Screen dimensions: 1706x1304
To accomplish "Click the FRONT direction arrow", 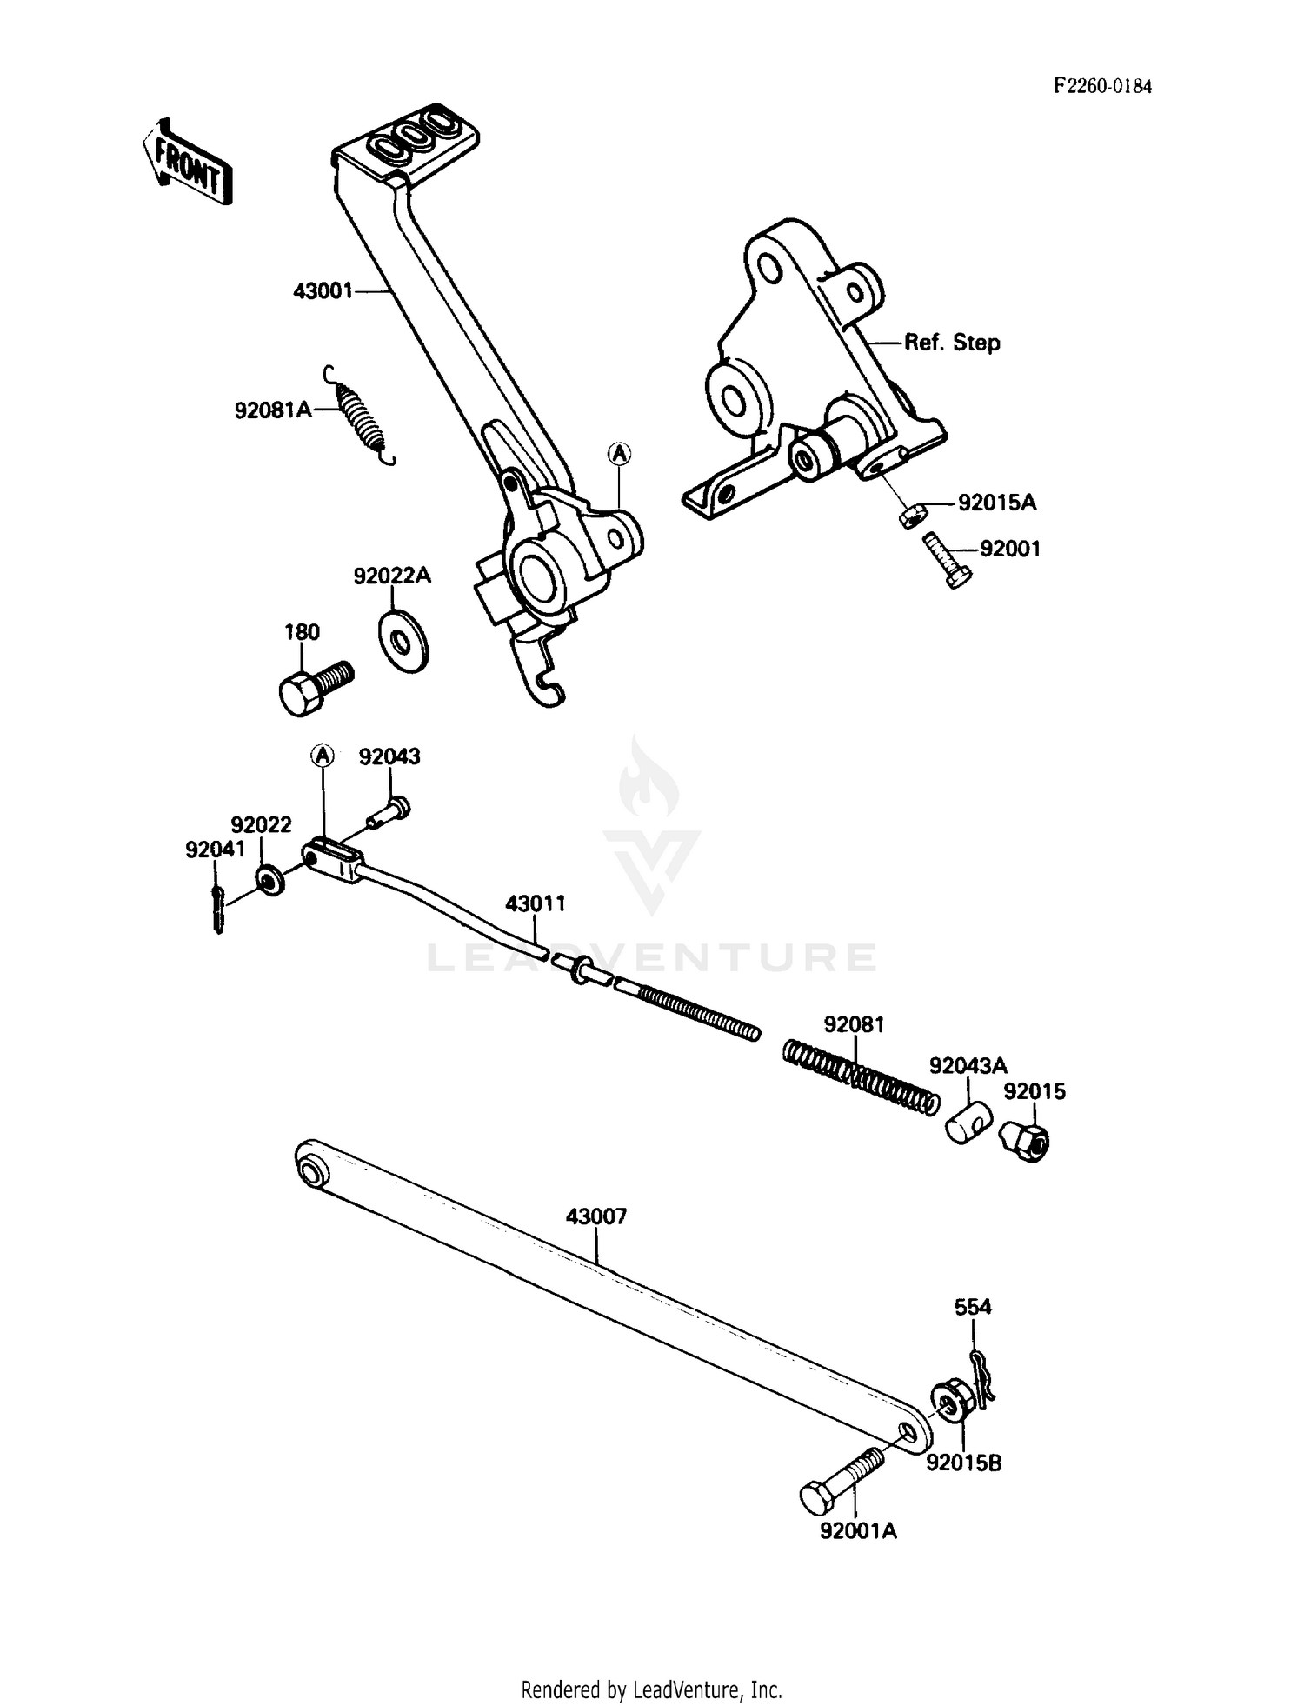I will [187, 163].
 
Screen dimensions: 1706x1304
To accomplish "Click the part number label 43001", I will [323, 291].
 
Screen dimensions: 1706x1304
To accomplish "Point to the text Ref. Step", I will [952, 343].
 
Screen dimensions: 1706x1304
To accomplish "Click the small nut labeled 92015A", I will [909, 516].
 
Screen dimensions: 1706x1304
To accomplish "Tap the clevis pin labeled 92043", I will [389, 811].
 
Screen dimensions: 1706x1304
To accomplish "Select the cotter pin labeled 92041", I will [217, 907].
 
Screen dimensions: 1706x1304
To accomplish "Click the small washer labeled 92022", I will [270, 880].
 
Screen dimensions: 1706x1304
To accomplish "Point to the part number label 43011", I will [536, 903].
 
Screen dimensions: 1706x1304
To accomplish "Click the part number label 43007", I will [595, 1216].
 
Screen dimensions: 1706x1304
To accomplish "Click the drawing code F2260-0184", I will [1102, 86].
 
